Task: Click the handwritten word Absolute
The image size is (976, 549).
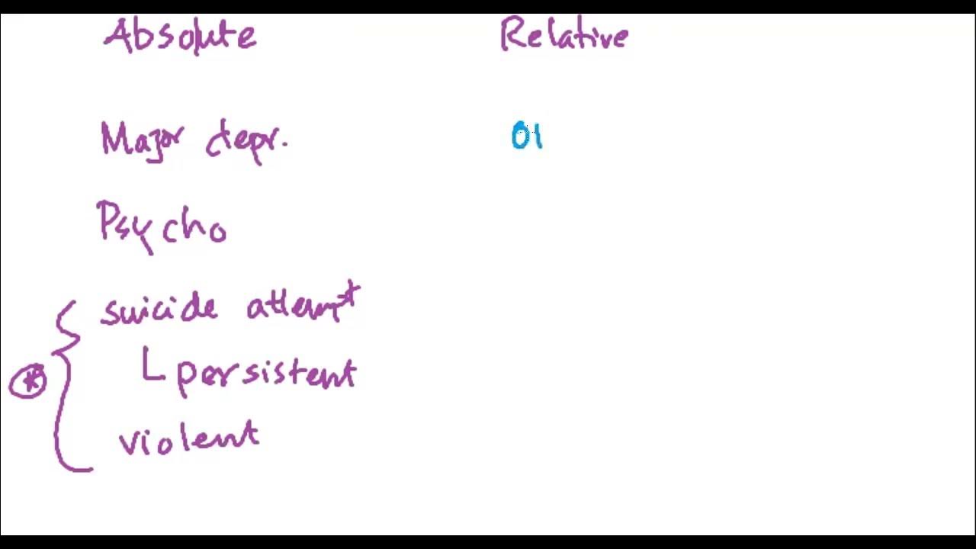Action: [x=180, y=36]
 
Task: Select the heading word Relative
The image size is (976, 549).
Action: [x=563, y=37]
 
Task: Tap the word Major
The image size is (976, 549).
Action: [x=142, y=140]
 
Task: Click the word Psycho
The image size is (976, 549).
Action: [x=162, y=225]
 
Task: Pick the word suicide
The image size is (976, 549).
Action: [x=159, y=308]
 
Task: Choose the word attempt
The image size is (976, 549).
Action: [x=303, y=305]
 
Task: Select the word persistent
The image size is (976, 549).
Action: [x=267, y=374]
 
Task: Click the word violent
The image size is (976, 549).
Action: [x=189, y=438]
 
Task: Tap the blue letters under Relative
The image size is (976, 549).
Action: [x=527, y=136]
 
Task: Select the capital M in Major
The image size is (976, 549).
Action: [x=114, y=140]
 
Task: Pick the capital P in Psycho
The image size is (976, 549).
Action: [x=108, y=221]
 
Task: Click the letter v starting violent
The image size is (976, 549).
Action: [x=127, y=442]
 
